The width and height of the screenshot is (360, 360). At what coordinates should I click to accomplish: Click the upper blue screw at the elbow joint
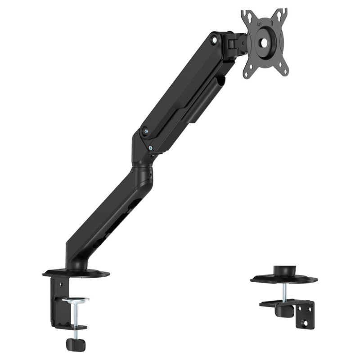[144, 131]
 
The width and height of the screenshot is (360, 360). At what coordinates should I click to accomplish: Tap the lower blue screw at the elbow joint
[151, 146]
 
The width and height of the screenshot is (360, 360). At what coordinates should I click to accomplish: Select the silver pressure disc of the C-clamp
[75, 299]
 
